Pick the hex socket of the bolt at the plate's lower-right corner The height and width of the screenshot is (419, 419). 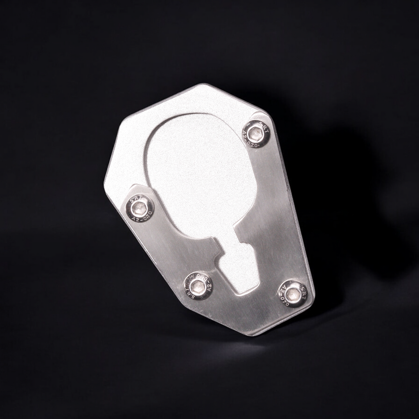point(292,293)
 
